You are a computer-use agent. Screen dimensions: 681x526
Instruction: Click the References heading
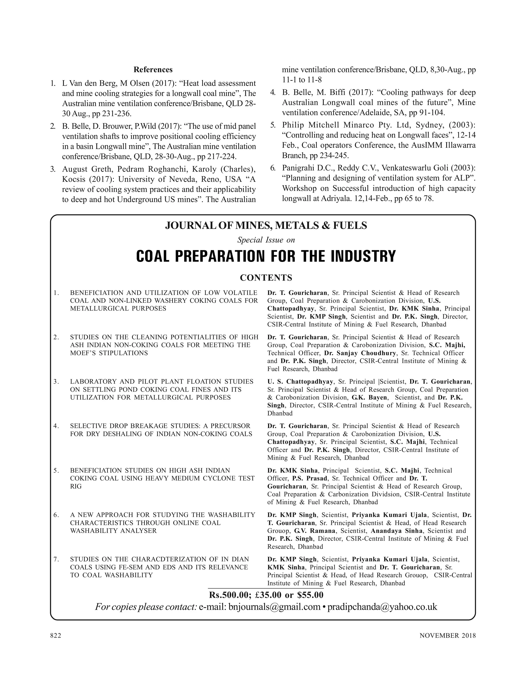[x=153, y=70]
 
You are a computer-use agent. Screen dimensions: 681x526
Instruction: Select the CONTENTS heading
[x=266, y=278]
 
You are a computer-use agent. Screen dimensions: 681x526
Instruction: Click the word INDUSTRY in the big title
[x=363, y=256]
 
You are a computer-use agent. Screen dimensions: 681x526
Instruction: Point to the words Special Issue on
[x=266, y=240]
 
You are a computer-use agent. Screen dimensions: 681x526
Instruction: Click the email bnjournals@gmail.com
[x=274, y=607]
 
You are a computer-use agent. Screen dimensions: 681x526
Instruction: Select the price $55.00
[x=310, y=595]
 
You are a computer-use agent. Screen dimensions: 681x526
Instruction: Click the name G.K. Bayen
[x=370, y=398]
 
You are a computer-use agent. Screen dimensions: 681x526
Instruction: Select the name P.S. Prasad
[x=310, y=478]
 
